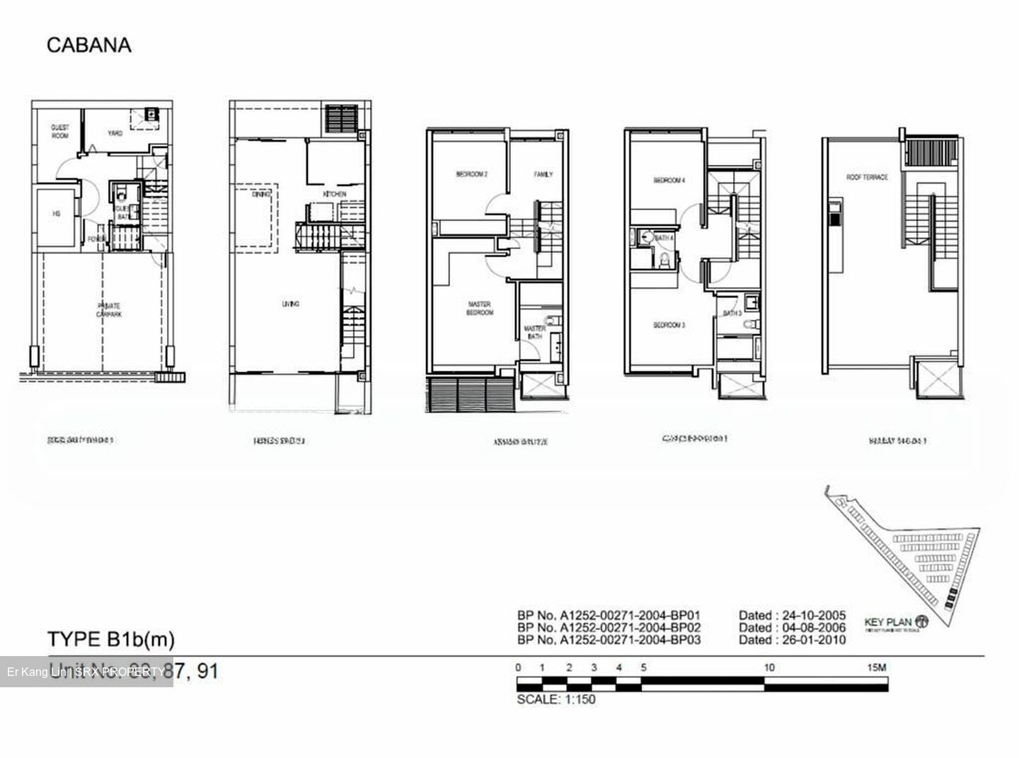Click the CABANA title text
(89, 45)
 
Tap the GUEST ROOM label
(60, 132)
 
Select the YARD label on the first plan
(115, 133)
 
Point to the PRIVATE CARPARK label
(108, 309)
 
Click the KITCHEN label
(335, 194)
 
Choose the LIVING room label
(290, 304)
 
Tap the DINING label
(260, 194)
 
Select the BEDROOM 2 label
(471, 174)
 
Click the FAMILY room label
(543, 174)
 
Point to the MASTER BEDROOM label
(480, 309)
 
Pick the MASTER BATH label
(534, 332)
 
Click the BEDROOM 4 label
(669, 180)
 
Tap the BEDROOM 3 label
(669, 325)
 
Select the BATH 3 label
(732, 313)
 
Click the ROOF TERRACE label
(867, 177)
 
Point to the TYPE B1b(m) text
(111, 639)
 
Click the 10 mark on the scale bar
(768, 667)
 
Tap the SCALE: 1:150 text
(556, 699)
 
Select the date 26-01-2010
(792, 640)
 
